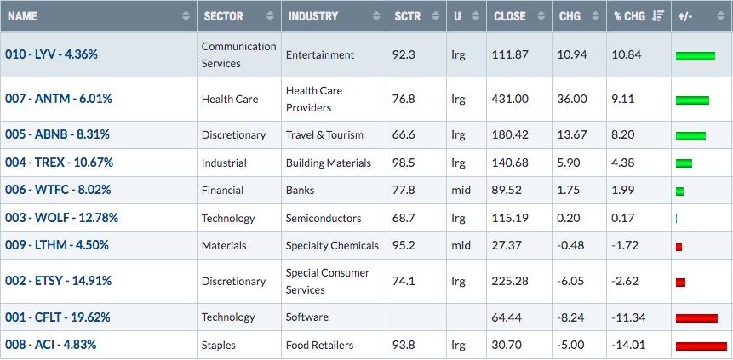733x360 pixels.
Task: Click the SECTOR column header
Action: pyautogui.click(x=223, y=16)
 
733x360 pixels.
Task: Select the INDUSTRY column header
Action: pyautogui.click(x=312, y=16)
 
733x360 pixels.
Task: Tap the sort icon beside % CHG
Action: pyautogui.click(x=658, y=16)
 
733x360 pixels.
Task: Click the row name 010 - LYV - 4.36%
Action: pyautogui.click(x=51, y=54)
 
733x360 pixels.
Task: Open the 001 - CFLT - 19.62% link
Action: pyautogui.click(x=58, y=317)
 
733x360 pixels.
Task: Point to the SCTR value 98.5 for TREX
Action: pyautogui.click(x=404, y=163)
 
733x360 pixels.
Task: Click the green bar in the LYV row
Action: pyautogui.click(x=696, y=56)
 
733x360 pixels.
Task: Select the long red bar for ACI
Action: pyautogui.click(x=702, y=346)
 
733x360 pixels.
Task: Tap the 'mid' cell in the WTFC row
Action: pyautogui.click(x=461, y=191)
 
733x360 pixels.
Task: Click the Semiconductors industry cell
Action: pyautogui.click(x=324, y=219)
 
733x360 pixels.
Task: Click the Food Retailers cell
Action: pyautogui.click(x=320, y=346)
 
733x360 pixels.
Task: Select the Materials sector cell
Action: pyautogui.click(x=224, y=245)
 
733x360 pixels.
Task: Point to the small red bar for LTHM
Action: pyautogui.click(x=679, y=247)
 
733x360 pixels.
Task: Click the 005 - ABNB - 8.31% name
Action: pyautogui.click(x=57, y=134)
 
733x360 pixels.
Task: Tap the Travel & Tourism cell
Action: pyautogui.click(x=324, y=135)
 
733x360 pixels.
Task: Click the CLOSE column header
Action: pyautogui.click(x=510, y=16)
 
